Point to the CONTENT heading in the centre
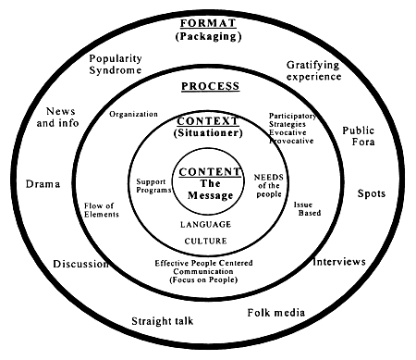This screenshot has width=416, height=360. click(208, 172)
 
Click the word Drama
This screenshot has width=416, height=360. click(43, 182)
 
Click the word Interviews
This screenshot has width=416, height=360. click(339, 261)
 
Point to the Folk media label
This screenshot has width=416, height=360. click(276, 312)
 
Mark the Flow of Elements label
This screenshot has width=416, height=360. click(99, 210)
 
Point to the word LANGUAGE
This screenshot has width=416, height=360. click(206, 223)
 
